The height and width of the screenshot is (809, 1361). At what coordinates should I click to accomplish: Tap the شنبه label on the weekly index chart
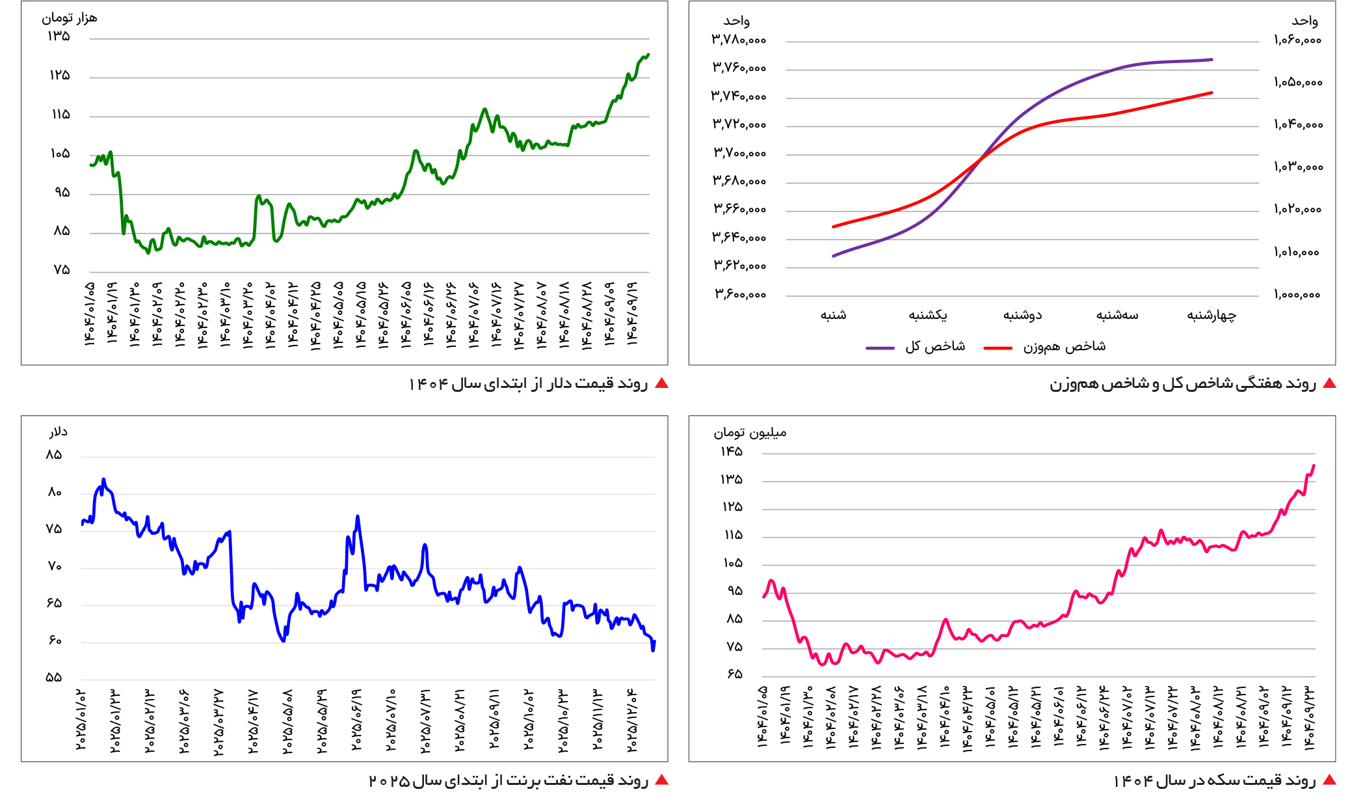833,316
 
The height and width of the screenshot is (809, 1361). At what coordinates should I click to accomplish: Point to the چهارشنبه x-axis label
1211,316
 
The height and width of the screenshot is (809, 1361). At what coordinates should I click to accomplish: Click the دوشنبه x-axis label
1022,316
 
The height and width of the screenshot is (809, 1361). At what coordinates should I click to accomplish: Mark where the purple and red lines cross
980,158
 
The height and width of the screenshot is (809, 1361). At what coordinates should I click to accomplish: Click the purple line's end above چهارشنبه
1211,60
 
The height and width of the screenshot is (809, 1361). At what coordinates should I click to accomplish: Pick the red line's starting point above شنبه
834,226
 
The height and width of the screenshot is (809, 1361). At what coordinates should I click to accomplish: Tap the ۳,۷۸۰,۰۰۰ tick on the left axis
739,40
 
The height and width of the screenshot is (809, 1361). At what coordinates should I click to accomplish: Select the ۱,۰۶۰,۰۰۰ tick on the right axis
1297,40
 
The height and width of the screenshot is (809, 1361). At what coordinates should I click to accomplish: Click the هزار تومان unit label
70,18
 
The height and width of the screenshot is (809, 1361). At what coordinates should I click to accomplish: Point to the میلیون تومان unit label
750,433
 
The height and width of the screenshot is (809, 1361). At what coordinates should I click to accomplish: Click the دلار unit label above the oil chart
58,432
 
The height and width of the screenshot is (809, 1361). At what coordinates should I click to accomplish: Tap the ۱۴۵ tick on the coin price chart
731,452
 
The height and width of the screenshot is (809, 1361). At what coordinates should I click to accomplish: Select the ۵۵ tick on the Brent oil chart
54,678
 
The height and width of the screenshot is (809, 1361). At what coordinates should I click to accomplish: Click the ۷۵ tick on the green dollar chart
61,270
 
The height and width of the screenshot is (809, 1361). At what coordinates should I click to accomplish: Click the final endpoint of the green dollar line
648,55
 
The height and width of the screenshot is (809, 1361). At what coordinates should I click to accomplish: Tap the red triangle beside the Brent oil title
661,780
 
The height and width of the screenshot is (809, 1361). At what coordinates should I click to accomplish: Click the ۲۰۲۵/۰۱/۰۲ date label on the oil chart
81,719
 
